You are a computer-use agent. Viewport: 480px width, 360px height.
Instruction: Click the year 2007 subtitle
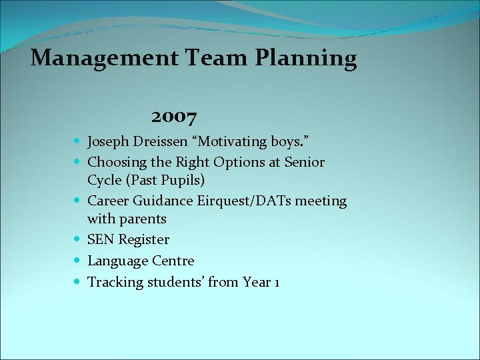click(x=174, y=118)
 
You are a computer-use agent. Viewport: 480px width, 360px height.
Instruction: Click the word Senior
click(x=305, y=162)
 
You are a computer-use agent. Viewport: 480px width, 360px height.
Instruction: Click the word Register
click(x=144, y=240)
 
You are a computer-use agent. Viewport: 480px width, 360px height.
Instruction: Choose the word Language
click(x=117, y=261)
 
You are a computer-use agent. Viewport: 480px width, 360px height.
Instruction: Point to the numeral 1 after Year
click(x=276, y=283)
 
